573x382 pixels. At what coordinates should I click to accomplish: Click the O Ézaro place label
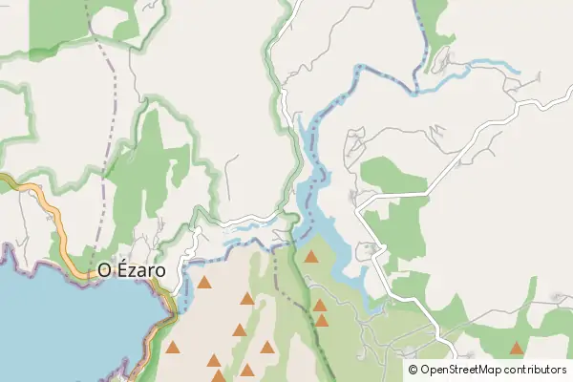[132, 271]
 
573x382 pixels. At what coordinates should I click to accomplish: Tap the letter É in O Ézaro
[119, 270]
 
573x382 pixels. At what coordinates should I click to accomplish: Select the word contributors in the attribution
[533, 370]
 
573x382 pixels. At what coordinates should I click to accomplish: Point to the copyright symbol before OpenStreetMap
[413, 370]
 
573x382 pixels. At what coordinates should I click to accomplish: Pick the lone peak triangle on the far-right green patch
[517, 349]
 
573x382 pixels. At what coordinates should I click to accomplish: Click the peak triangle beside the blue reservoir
[310, 256]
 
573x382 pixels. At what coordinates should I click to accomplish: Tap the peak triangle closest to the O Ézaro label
[204, 283]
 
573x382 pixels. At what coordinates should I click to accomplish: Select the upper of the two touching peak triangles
[320, 306]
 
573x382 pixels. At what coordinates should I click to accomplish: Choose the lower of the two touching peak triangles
[321, 321]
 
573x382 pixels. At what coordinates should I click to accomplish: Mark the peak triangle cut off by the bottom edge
[218, 376]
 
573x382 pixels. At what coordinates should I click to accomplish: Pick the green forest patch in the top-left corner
[57, 24]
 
